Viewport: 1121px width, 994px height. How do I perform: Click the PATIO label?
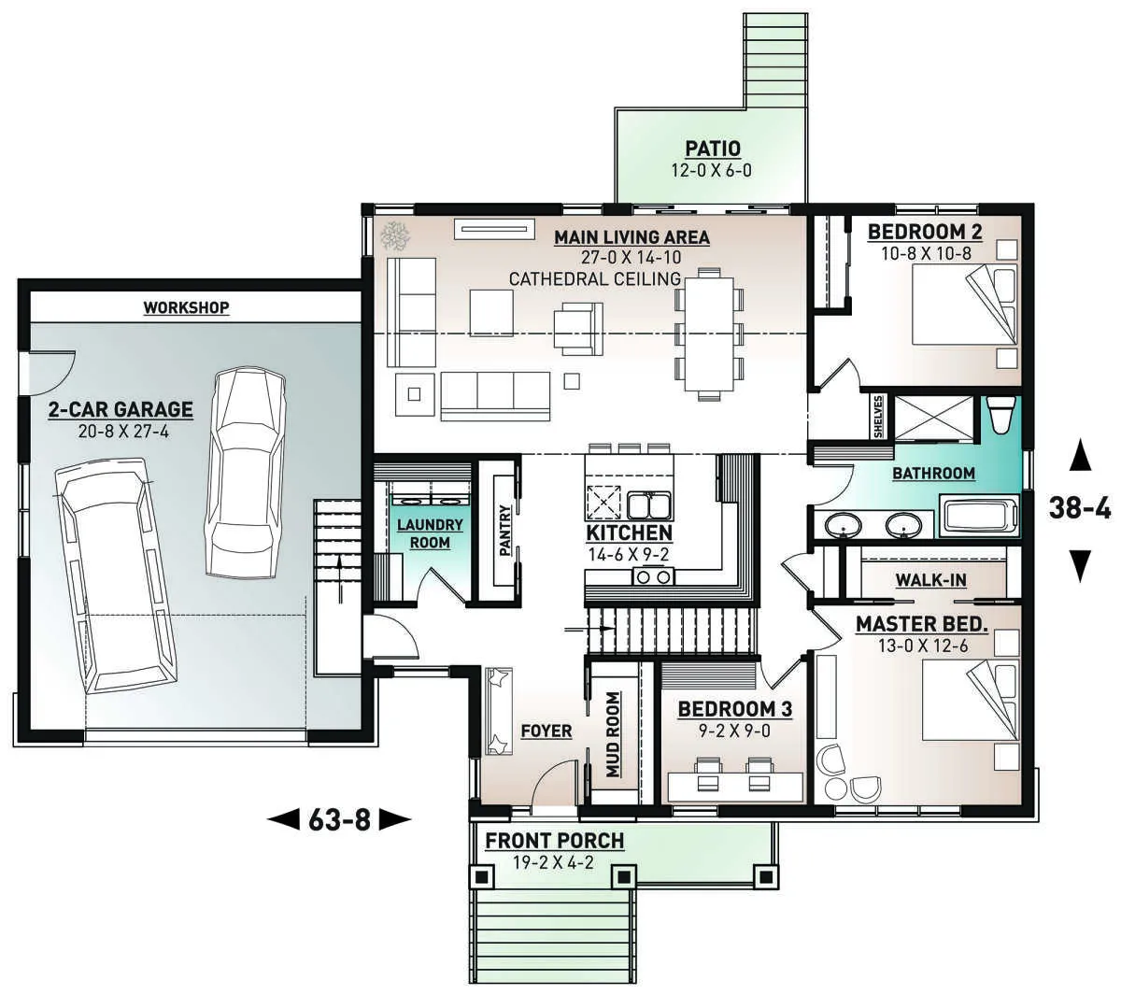(713, 149)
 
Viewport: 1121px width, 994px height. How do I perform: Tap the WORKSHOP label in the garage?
(186, 307)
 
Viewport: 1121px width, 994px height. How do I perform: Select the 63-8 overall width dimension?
(339, 819)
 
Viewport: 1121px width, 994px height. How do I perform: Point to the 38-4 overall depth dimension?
(1080, 508)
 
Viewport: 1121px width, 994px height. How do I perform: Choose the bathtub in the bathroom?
(981, 517)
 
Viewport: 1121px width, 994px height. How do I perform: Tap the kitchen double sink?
(648, 505)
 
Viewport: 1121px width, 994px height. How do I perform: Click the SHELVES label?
(878, 416)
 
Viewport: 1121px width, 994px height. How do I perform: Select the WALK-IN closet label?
(930, 579)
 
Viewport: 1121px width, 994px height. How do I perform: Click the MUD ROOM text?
(613, 734)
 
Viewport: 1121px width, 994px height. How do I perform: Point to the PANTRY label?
(504, 531)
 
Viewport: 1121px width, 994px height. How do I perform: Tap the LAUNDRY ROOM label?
(430, 533)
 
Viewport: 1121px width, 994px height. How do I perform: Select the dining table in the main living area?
(709, 334)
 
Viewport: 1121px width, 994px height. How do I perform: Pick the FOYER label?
(546, 731)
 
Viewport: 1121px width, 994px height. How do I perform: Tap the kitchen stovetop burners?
(654, 577)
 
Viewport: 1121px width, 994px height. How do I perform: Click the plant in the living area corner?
(395, 235)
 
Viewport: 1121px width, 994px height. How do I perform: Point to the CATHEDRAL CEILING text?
(595, 278)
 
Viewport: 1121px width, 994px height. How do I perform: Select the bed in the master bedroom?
(963, 699)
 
